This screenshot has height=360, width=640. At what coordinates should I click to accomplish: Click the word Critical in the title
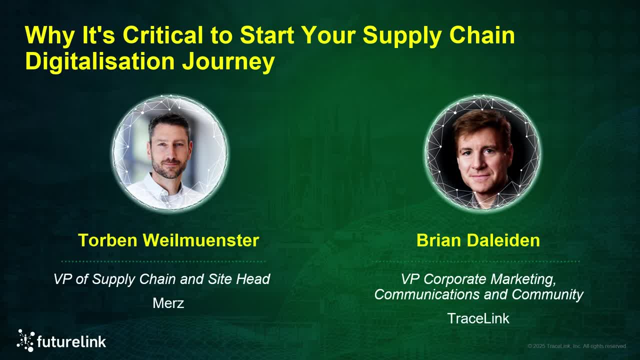pos(162,35)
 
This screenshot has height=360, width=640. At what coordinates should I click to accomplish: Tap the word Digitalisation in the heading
pos(99,61)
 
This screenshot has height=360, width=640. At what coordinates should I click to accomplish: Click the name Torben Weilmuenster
pos(168,240)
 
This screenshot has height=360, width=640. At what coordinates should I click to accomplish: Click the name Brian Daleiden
pos(478,240)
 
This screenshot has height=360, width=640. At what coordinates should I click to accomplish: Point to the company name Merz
pos(168,302)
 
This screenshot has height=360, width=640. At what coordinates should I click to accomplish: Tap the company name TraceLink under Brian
pos(478,318)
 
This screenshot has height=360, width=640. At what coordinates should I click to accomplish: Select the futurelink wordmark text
pos(71,341)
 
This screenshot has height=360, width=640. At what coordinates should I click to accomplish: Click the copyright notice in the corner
pos(576,346)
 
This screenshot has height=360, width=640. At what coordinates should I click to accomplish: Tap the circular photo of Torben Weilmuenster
pos(169,152)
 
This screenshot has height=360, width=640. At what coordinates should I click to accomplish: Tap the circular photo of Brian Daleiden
pos(482,152)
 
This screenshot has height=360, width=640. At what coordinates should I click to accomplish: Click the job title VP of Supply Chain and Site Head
pos(161,278)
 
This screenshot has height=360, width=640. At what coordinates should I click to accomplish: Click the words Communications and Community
pos(478,294)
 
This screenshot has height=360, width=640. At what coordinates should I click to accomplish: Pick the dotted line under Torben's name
pos(163,261)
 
